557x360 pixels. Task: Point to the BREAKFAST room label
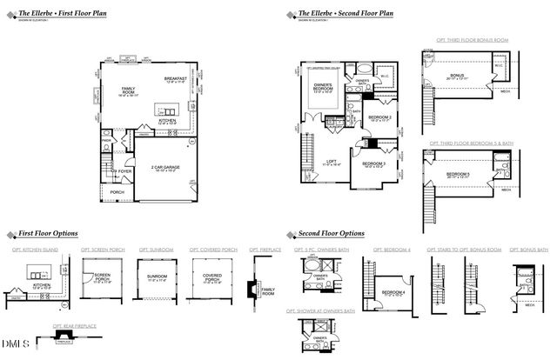177,79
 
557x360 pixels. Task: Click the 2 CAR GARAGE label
164,166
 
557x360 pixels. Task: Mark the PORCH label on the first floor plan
117,191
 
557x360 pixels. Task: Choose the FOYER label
125,171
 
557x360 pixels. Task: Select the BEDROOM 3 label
373,163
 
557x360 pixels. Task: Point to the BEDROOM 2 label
379,117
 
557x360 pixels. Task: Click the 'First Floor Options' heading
49,234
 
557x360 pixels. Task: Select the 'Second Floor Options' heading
330,234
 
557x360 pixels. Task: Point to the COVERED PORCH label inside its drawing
212,278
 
